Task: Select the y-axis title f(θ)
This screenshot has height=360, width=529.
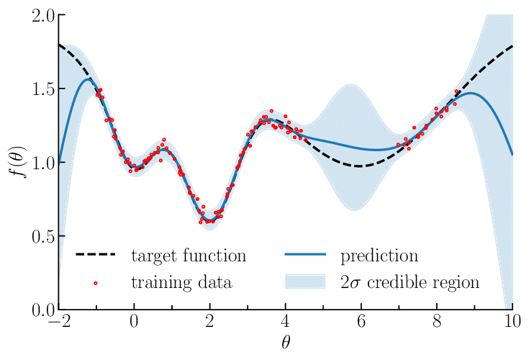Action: tap(15, 162)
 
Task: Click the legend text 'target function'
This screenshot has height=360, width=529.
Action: tap(189, 256)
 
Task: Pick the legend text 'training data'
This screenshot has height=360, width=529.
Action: tap(181, 282)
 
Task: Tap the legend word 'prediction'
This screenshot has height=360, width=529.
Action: tap(379, 256)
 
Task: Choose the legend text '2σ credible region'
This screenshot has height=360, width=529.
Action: tap(410, 282)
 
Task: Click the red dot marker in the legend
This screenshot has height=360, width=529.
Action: tap(96, 282)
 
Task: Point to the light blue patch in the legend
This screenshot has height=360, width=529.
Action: tap(307, 282)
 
